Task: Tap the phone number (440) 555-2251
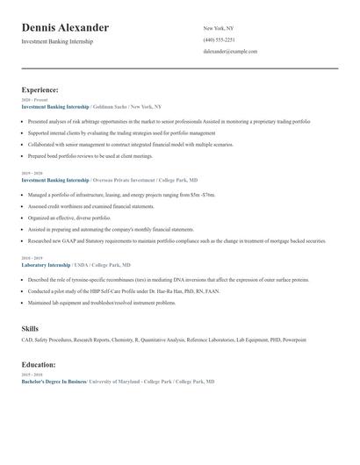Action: tap(219, 40)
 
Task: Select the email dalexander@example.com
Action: tap(230, 52)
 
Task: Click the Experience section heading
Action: tap(40, 89)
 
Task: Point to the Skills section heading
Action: tap(30, 328)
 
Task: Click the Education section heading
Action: tap(39, 364)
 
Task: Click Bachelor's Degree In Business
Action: tap(54, 383)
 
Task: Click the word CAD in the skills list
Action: tap(26, 339)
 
